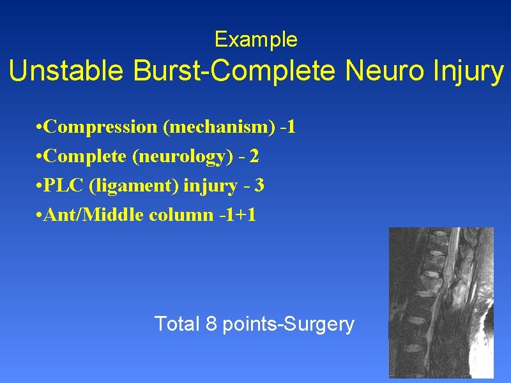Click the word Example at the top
tap(256, 40)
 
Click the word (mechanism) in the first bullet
tap(220, 127)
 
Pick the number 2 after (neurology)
tap(255, 156)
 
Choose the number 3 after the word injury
tap(259, 186)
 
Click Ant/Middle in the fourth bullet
tap(96, 215)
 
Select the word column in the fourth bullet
tap(180, 215)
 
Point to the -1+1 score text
tap(237, 215)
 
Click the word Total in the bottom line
tap(177, 324)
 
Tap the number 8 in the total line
tap(211, 324)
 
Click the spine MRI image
tap(441, 303)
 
